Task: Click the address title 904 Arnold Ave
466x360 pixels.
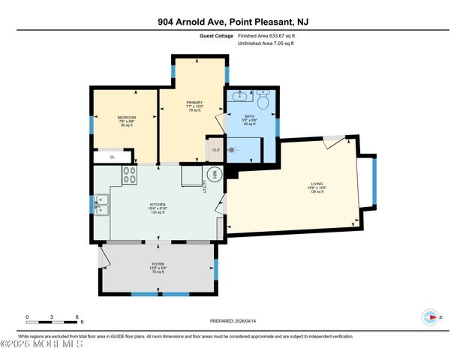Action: [233, 22]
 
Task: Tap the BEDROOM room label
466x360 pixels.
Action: [125, 118]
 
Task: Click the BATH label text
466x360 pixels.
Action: [250, 116]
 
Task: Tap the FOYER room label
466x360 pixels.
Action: [158, 265]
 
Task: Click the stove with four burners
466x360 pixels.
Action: [131, 175]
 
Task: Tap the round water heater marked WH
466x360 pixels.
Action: [214, 174]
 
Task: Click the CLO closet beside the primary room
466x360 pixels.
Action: [215, 149]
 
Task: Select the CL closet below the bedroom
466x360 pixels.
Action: [112, 157]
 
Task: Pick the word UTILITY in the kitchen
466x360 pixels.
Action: [203, 188]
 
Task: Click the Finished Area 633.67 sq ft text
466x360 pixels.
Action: [266, 35]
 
